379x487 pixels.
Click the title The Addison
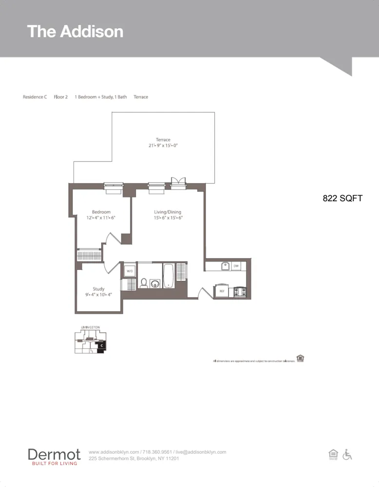click(x=75, y=32)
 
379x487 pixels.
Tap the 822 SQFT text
click(x=342, y=198)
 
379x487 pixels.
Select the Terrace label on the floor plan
click(x=163, y=140)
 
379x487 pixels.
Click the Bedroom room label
click(x=101, y=212)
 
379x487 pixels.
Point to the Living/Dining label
click(x=168, y=212)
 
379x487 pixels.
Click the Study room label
click(x=99, y=289)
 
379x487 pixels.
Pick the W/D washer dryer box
click(x=130, y=271)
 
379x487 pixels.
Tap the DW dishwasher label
click(x=236, y=266)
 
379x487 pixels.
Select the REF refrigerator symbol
click(x=222, y=291)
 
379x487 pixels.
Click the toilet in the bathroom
click(x=144, y=282)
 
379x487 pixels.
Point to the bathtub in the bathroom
click(x=168, y=276)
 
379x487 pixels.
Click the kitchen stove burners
click(x=240, y=291)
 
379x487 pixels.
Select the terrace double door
click(x=178, y=182)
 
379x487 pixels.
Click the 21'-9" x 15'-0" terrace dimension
click(x=163, y=146)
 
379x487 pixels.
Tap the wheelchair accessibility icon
click(x=347, y=454)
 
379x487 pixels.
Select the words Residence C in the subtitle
click(x=35, y=97)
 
